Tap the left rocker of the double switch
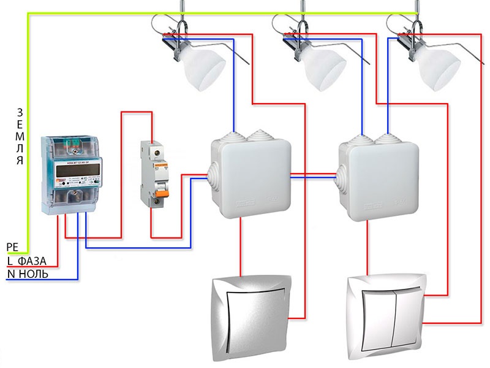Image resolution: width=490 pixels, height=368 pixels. pos(374,313)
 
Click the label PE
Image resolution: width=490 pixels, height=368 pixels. pos(12,247)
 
